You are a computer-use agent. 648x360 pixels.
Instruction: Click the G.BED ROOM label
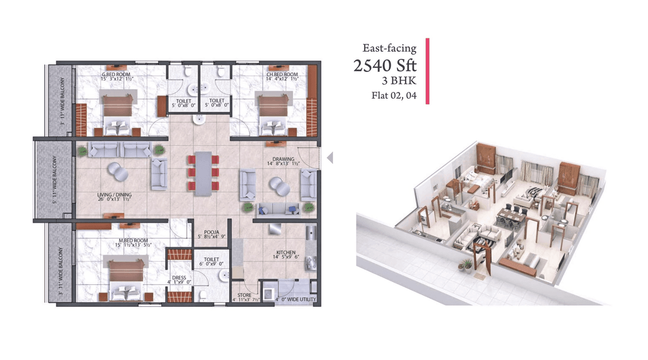coord(117,74)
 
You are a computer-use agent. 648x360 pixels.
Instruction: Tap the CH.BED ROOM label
coord(282,74)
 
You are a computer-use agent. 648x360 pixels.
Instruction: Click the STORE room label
coord(245,295)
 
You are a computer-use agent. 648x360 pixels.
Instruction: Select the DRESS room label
coord(179,278)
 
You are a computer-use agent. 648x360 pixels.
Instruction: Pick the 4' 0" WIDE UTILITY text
coord(296,300)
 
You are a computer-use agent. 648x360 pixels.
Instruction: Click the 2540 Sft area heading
coord(385,65)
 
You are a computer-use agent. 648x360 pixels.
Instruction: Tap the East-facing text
coord(389,49)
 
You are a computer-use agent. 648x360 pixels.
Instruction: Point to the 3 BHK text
coord(400,80)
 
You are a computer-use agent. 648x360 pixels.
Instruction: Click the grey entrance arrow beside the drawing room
coord(330,158)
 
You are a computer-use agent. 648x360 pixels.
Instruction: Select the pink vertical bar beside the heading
coord(427,71)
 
